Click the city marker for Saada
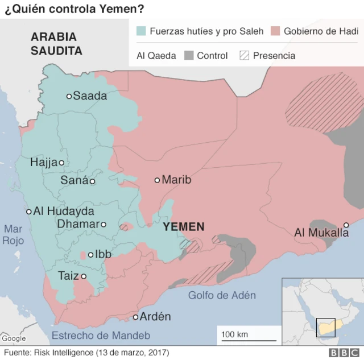coord(69,96)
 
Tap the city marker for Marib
coord(158,180)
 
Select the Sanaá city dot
coord(93,181)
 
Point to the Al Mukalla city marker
coord(346,225)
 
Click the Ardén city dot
coord(136,317)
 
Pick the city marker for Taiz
coord(84,276)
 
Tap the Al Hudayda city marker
coord(29,212)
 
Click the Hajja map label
coord(44,163)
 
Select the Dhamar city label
coord(78,224)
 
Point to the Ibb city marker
coord(90,254)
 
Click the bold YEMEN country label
coord(183,227)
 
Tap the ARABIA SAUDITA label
coord(56,44)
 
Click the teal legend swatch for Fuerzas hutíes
coord(141,31)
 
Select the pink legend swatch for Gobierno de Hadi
coord(276,31)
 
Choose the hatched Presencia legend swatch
coord(245,56)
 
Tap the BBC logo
coord(341,353)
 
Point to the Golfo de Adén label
coord(222,295)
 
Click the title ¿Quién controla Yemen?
coord(74,10)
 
